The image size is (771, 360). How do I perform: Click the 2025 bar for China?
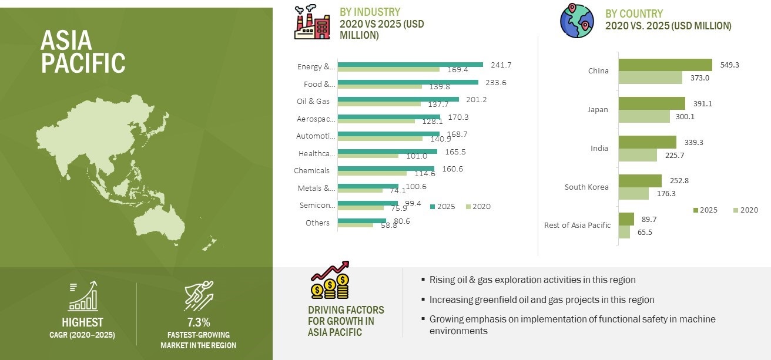coord(665,65)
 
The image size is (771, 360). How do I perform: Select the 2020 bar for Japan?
coord(644,116)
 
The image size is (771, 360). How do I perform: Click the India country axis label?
coord(599,149)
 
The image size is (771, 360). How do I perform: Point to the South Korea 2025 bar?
coord(640,180)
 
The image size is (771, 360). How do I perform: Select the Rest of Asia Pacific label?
coord(578,225)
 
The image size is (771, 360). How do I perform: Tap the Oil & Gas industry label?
coord(313,101)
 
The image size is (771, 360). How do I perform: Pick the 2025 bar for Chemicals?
coord(386,169)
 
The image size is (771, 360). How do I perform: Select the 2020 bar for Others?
coord(356,225)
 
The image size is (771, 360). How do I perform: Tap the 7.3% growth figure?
coord(198,322)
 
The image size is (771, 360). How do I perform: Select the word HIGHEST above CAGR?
coord(82,322)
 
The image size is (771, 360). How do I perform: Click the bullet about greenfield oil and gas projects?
coord(542,300)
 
